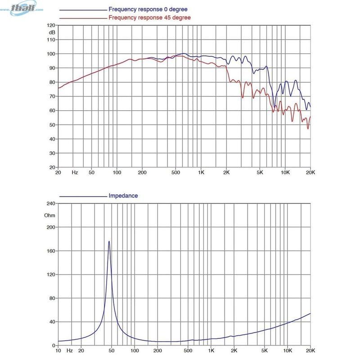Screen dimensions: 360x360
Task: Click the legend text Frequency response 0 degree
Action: coord(148,9)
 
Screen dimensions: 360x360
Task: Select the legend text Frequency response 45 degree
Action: coord(149,18)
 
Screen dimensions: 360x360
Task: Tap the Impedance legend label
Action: coord(123,196)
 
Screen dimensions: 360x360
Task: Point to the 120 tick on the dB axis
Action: coord(51,26)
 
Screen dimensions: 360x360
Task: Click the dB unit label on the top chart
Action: coord(52,32)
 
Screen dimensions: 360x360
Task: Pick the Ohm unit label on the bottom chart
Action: coord(49,215)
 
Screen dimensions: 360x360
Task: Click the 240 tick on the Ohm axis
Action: coord(50,204)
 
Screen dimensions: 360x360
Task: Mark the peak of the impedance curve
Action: coord(109,241)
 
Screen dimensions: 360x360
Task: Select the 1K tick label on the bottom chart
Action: coord(211,351)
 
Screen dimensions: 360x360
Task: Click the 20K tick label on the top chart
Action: coord(310,172)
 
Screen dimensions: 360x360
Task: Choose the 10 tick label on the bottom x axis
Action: coord(58,351)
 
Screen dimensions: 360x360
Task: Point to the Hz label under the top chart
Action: coord(75,172)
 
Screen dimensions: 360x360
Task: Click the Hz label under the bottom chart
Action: coord(70,351)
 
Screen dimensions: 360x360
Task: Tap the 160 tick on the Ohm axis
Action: coord(50,251)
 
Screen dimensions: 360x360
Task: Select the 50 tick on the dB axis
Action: coord(51,125)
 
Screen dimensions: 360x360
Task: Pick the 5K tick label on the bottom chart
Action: coord(265,351)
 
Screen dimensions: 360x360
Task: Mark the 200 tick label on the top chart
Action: coord(142,172)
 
